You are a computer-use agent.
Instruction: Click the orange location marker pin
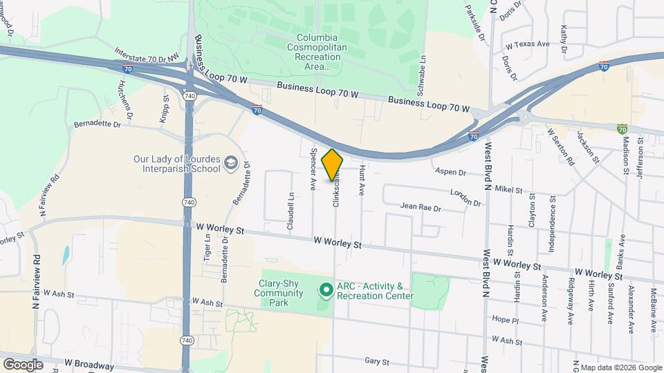[x=333, y=165]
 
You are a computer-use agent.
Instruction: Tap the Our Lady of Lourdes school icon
[x=230, y=164]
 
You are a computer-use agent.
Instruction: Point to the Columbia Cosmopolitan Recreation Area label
[x=317, y=52]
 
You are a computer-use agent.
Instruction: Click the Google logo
[x=23, y=364]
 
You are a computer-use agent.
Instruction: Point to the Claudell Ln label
[x=291, y=211]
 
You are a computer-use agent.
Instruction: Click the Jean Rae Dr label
[x=421, y=206]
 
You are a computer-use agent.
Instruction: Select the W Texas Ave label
[x=528, y=44]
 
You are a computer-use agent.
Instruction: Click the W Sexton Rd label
[x=560, y=146]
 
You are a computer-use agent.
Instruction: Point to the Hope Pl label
[x=506, y=321]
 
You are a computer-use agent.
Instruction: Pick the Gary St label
[x=378, y=361]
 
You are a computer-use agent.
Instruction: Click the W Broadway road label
[x=89, y=364]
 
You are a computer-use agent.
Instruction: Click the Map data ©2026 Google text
[x=620, y=367]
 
